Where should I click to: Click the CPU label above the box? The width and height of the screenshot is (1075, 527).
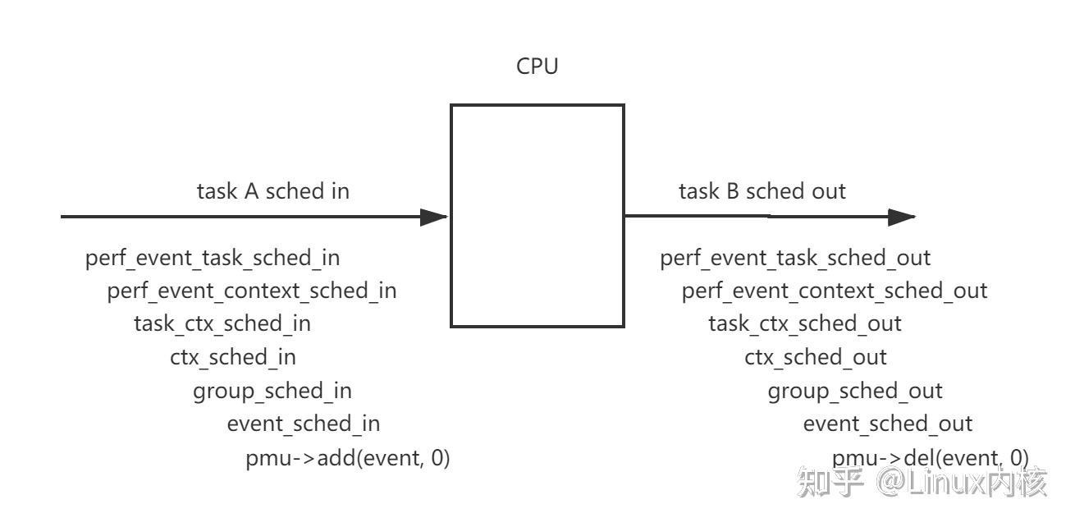click(537, 66)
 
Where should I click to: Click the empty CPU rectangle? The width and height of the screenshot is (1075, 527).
click(537, 216)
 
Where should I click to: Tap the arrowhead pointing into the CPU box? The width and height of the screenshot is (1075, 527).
click(434, 217)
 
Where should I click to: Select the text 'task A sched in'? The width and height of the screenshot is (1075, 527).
click(272, 191)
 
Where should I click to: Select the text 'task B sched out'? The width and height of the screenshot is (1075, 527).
click(762, 191)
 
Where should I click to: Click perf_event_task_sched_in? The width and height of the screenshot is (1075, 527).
click(213, 258)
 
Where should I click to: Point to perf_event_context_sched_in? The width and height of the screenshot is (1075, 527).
click(252, 291)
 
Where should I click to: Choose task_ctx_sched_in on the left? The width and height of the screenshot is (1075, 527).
click(222, 323)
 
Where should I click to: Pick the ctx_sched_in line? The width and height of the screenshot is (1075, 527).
click(233, 357)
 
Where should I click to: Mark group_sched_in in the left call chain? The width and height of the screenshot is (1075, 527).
click(272, 391)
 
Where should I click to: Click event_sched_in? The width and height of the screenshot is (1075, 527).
click(304, 424)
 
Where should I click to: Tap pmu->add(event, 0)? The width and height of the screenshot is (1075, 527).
click(348, 458)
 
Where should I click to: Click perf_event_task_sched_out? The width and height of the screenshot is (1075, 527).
click(795, 258)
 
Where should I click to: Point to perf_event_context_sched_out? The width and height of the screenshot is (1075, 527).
click(835, 291)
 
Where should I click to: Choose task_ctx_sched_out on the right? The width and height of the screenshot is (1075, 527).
click(805, 323)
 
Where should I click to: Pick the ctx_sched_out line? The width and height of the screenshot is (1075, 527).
click(816, 357)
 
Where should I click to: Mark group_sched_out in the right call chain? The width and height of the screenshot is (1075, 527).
click(855, 391)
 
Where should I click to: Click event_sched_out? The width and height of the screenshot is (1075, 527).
click(887, 424)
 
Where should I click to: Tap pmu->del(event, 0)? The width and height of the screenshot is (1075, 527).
click(931, 458)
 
